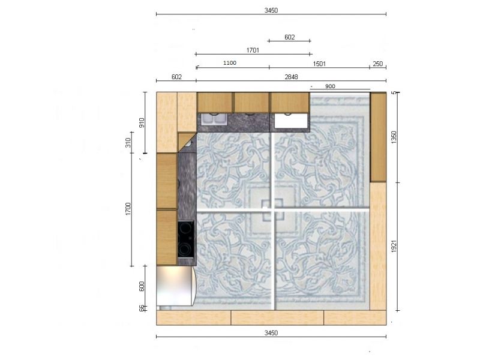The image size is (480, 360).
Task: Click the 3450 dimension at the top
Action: click(x=271, y=10)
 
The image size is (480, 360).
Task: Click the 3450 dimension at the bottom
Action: click(x=271, y=333)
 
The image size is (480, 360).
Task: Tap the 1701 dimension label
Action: click(x=253, y=50)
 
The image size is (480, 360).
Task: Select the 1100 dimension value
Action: click(x=230, y=63)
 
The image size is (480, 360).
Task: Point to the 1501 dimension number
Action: click(x=319, y=64)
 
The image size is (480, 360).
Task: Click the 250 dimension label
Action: click(x=378, y=64)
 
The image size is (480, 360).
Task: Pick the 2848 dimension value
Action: click(x=291, y=77)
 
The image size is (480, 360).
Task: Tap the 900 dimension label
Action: click(x=330, y=86)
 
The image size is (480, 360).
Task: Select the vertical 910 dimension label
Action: click(x=142, y=123)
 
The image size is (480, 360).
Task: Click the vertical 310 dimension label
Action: click(x=128, y=143)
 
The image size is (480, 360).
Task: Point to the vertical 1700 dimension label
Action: click(x=128, y=209)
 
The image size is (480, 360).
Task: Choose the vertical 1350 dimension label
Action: click(x=394, y=137)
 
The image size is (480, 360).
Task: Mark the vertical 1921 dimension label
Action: click(x=394, y=247)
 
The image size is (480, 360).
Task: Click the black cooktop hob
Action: click(x=186, y=239)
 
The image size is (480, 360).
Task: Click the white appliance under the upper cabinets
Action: click(x=291, y=121)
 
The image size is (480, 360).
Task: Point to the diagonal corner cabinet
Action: click(x=187, y=143)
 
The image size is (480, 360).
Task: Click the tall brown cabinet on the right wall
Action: click(x=378, y=137)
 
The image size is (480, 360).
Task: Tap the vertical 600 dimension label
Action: click(x=142, y=287)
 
